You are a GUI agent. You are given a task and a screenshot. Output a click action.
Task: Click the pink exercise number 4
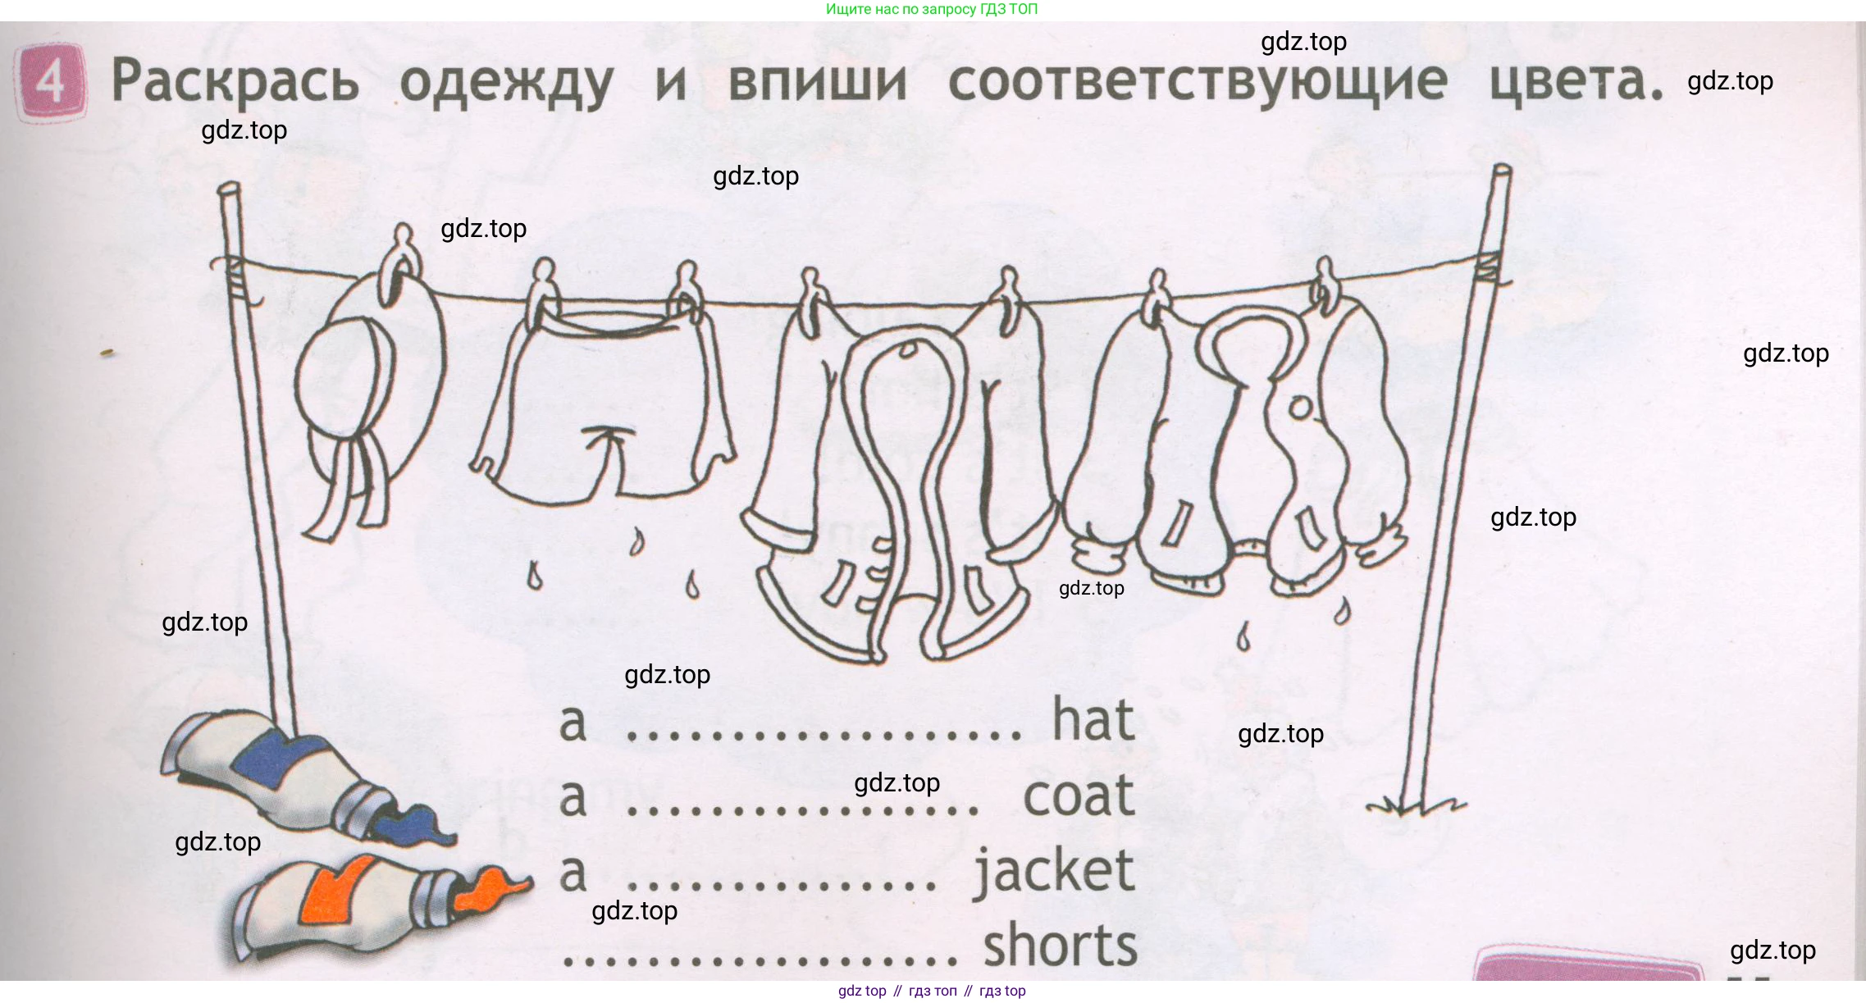[x=51, y=82]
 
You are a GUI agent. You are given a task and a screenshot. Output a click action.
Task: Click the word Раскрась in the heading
[x=235, y=81]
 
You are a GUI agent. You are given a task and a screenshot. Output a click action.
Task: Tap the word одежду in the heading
[x=506, y=84]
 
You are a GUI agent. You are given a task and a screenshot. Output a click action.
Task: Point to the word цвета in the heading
[x=1576, y=82]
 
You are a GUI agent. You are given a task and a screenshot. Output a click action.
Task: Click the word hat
[x=1093, y=719]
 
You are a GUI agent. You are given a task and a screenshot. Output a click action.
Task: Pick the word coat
[x=1079, y=796]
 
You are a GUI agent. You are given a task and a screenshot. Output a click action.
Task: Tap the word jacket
[x=1054, y=872]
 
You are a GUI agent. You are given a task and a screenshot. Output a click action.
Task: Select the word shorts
[x=1061, y=945]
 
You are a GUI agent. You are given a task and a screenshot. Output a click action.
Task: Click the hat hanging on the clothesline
[x=369, y=394]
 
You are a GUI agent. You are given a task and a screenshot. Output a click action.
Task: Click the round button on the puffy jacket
[x=1301, y=407]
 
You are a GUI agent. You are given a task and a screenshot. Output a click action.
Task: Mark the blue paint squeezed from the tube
[x=414, y=824]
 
